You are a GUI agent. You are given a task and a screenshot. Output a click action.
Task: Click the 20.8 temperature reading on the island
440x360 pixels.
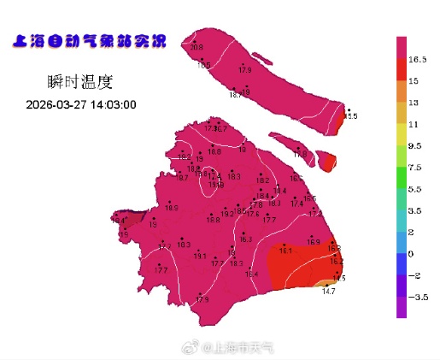coord(197,48)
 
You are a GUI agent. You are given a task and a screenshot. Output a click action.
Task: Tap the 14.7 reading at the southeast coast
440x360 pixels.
coord(328,292)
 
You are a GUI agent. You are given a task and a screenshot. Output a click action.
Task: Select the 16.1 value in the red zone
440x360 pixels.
coord(285,251)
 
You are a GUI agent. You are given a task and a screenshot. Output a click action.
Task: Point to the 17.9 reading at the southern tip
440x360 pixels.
coord(202,299)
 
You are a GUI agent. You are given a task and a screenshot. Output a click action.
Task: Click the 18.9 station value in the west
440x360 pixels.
coord(172,208)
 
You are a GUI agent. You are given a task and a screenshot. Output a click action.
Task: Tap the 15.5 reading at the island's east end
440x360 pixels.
coord(350,115)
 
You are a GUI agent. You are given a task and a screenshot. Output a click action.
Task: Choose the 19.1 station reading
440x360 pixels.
coord(200,256)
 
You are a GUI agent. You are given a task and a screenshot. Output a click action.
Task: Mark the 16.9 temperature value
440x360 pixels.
coord(313,243)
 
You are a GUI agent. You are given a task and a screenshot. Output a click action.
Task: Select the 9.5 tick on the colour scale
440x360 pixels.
coord(416,146)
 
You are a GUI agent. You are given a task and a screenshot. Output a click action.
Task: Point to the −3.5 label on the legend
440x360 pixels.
coord(418,298)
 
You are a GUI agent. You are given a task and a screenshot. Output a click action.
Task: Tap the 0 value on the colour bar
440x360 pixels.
coord(411,254)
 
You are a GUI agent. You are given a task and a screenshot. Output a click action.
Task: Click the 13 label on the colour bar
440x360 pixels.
coord(414,103)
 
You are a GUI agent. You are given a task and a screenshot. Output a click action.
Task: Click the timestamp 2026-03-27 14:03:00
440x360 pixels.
coord(81,104)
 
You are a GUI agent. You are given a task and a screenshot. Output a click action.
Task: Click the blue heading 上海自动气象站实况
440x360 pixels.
coord(89,41)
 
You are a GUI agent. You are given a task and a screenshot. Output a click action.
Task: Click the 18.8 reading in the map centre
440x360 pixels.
coord(212,220)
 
